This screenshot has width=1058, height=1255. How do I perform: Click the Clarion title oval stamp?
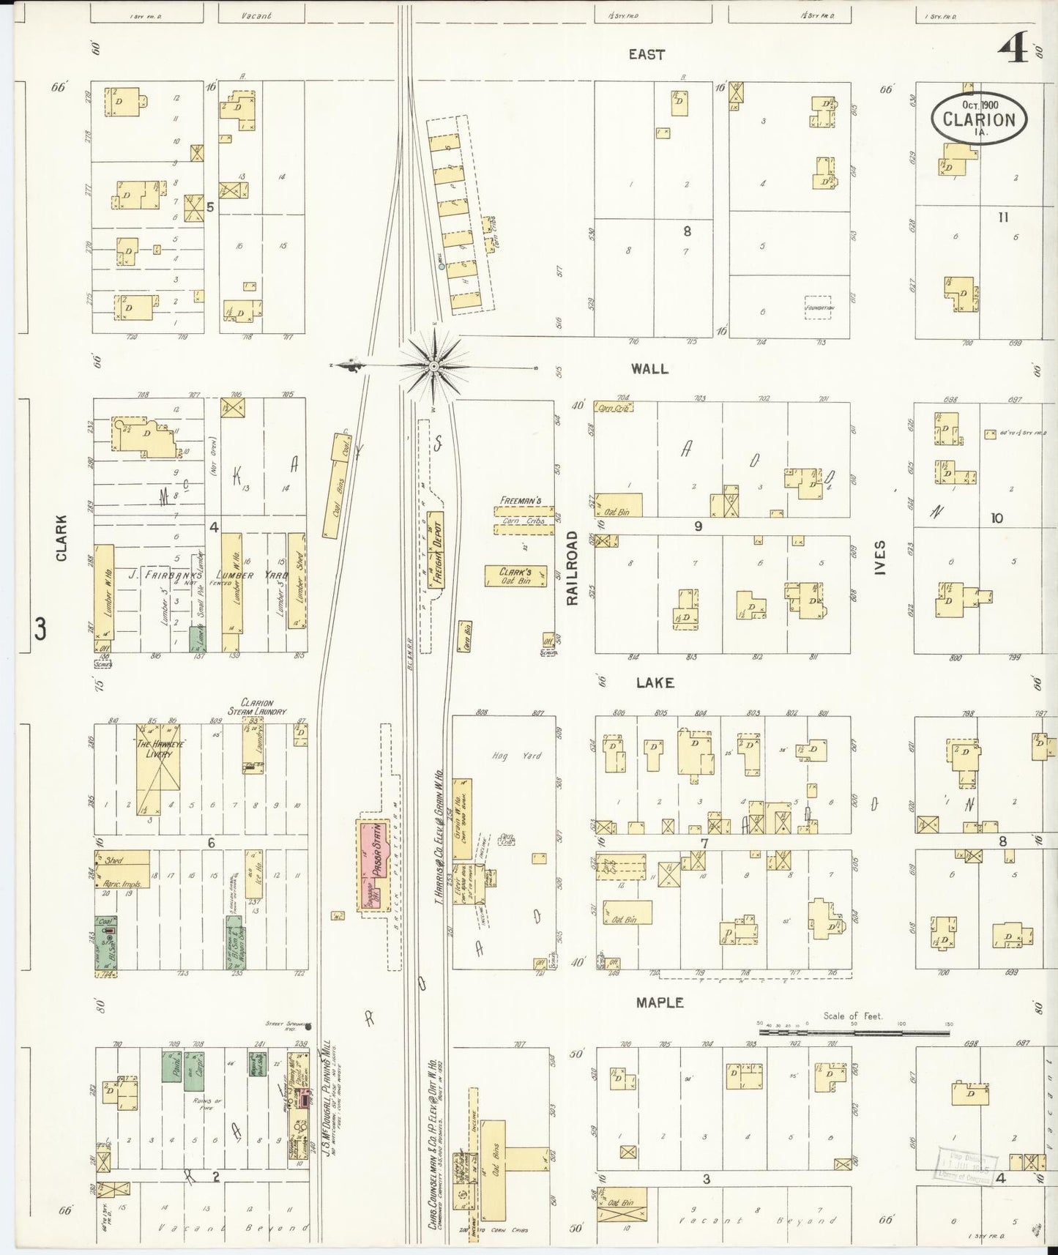pos(979,118)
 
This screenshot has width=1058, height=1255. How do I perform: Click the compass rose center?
pos(433,365)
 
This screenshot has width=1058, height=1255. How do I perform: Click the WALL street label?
pos(649,369)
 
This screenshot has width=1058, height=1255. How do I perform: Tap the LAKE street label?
pos(654,682)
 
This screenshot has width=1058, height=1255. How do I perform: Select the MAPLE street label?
pos(659,1002)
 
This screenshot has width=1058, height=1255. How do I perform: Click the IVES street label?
pos(880,557)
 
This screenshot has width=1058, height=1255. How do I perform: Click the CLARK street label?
pos(62,538)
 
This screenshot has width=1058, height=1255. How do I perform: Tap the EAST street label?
pos(647,54)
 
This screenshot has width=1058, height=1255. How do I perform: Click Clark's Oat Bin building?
pos(515,576)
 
